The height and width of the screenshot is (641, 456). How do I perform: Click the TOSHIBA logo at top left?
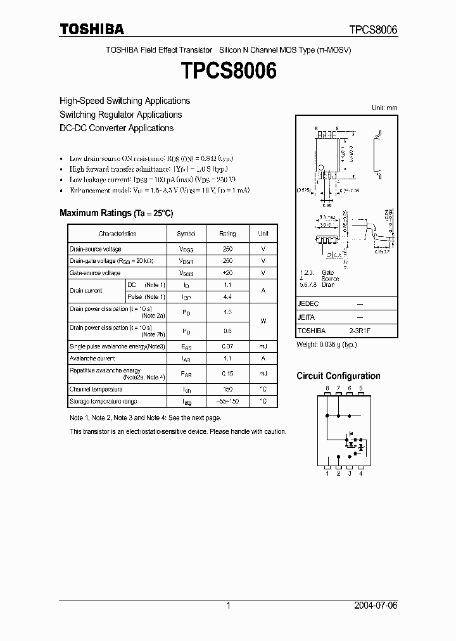point(92,29)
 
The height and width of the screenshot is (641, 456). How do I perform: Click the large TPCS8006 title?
point(229,71)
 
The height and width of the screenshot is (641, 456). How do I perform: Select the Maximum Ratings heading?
point(116,213)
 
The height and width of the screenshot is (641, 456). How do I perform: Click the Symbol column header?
point(186,234)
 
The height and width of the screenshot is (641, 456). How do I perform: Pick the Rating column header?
point(227,234)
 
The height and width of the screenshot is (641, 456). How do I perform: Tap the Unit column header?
point(263,234)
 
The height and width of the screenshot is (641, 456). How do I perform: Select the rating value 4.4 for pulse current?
point(227,296)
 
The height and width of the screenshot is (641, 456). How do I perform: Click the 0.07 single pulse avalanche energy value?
point(227,346)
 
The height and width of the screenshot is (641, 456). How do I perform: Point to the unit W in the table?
point(263,321)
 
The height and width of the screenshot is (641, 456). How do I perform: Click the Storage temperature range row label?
point(103,402)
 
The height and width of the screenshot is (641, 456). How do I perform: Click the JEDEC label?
point(307,303)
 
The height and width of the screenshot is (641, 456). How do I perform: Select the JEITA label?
point(306,317)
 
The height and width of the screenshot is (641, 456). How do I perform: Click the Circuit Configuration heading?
point(338,376)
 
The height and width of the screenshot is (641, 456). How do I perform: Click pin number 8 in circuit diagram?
point(327,388)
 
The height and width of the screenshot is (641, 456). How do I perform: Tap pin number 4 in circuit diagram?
point(360,473)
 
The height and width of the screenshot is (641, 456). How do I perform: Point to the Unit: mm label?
point(384,108)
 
